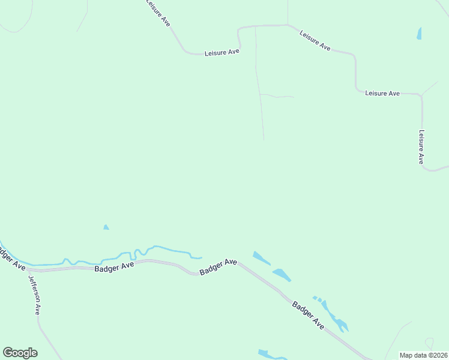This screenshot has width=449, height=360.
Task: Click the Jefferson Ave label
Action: pos(33,293)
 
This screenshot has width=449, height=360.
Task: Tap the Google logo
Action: pos(20,353)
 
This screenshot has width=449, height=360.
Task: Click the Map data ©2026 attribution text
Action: pos(423,355)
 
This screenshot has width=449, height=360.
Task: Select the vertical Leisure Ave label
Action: pos(421,147)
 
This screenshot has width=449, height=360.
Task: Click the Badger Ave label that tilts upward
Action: pos(218,267)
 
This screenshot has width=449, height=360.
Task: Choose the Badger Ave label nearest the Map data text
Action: pos(309,315)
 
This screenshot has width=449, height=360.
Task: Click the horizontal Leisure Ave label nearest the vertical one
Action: pos(382,94)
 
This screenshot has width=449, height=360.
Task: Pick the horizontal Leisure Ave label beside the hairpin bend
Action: pos(222,53)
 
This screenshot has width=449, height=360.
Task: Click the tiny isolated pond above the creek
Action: pos(106,227)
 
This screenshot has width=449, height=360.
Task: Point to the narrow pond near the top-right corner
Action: pos(419,34)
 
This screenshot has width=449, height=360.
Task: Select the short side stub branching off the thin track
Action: pos(277,96)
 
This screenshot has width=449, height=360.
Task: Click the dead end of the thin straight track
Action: pos(264,140)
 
